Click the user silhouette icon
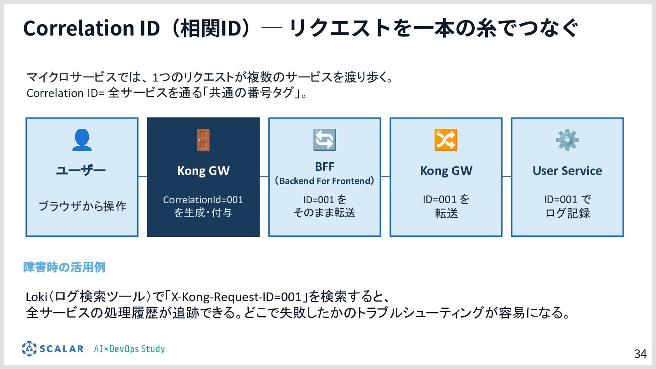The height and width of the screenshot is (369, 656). point(82,140)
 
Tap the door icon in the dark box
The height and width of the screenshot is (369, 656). point(203,140)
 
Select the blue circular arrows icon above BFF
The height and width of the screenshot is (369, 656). point(324,140)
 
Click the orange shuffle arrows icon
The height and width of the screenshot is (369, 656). point(446,140)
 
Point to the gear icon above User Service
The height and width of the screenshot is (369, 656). point(567,140)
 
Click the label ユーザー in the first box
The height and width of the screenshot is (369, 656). point(81,171)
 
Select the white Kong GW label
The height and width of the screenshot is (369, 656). point(203,171)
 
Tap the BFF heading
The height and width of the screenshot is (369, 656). point(324,166)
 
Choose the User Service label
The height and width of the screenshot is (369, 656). point(567,171)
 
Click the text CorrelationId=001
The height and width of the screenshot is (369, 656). point(203,200)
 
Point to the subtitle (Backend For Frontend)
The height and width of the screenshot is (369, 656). point(324,181)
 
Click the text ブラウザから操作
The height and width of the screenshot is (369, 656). point(82,206)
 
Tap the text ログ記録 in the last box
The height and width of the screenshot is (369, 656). point(567,213)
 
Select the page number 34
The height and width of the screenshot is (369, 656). point(641,354)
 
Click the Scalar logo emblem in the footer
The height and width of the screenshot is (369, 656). point(29,349)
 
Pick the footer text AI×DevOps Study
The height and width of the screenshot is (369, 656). point(129,349)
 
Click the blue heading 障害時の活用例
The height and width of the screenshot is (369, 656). point(64,267)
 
